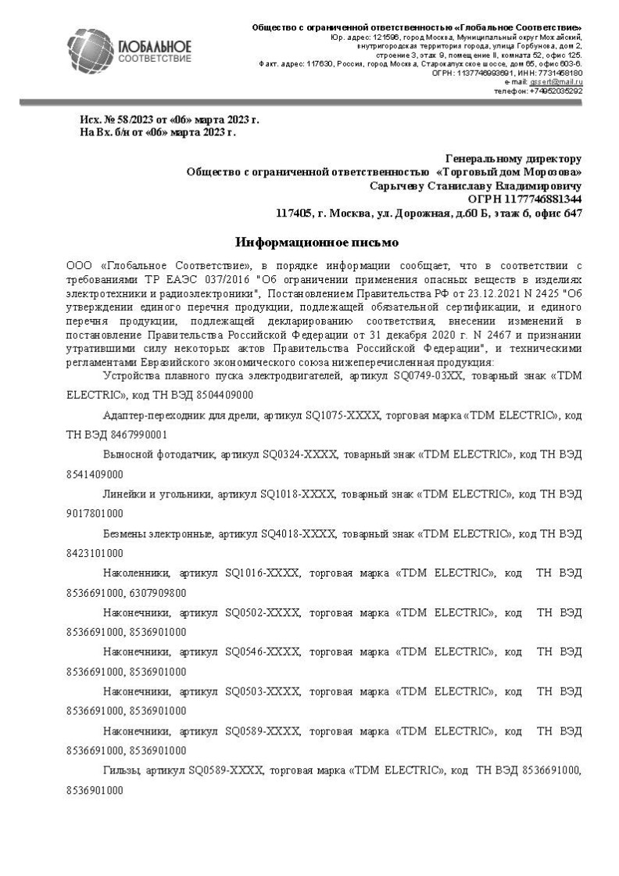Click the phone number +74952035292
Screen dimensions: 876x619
(556, 91)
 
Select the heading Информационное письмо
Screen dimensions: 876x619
(317, 242)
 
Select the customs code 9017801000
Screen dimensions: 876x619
(95, 514)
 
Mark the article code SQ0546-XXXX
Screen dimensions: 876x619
(262, 652)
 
